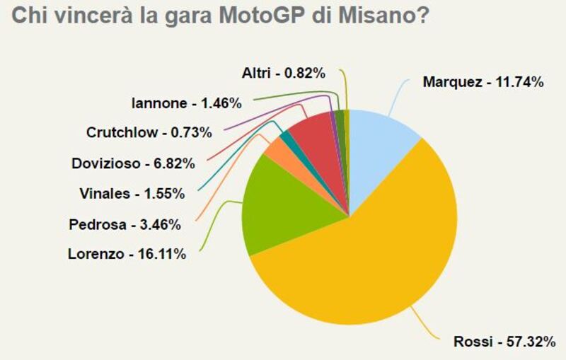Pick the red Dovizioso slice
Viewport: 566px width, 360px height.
[312, 131]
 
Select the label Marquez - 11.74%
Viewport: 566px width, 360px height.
[483, 82]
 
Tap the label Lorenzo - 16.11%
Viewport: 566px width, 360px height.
[127, 253]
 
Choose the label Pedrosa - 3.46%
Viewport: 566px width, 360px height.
[125, 225]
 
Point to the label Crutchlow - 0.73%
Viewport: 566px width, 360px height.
[139, 132]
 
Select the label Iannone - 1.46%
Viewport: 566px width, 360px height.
[187, 103]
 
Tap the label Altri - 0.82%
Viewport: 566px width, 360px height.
[283, 72]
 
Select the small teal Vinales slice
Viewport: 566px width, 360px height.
[285, 137]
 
